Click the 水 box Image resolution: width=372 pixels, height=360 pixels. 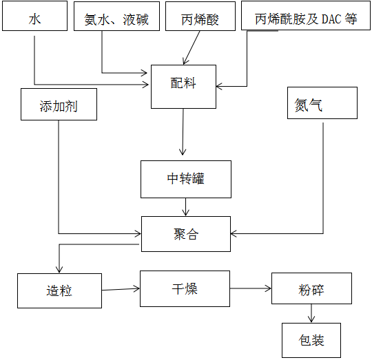click(34, 16)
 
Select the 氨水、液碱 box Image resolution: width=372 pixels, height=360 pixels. click(116, 16)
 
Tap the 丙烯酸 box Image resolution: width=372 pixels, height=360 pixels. click(200, 16)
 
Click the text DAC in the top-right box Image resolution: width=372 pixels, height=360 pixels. click(331, 19)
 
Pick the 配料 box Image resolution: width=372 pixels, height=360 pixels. click(184, 87)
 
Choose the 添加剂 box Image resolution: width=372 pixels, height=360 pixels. click(59, 104)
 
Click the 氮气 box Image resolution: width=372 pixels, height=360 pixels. click(322, 103)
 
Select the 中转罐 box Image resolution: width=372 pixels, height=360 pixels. click(186, 180)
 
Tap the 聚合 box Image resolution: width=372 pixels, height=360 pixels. click(186, 234)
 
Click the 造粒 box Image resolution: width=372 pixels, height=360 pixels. click(59, 290)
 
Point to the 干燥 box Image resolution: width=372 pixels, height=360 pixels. click(185, 288)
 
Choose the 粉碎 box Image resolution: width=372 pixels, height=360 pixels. click(312, 288)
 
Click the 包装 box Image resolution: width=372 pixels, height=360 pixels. click(311, 340)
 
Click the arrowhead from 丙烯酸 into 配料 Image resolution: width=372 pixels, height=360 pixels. click(185, 62)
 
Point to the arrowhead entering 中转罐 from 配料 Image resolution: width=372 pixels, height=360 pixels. click(183, 152)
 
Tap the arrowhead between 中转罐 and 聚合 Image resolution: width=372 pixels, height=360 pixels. click(185, 213)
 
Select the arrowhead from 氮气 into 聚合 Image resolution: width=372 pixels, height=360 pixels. click(234, 234)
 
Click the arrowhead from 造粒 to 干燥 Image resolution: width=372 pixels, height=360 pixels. click(136, 288)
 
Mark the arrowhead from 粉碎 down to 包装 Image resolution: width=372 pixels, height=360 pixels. click(311, 319)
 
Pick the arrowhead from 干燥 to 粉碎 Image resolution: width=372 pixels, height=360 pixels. click(268, 288)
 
